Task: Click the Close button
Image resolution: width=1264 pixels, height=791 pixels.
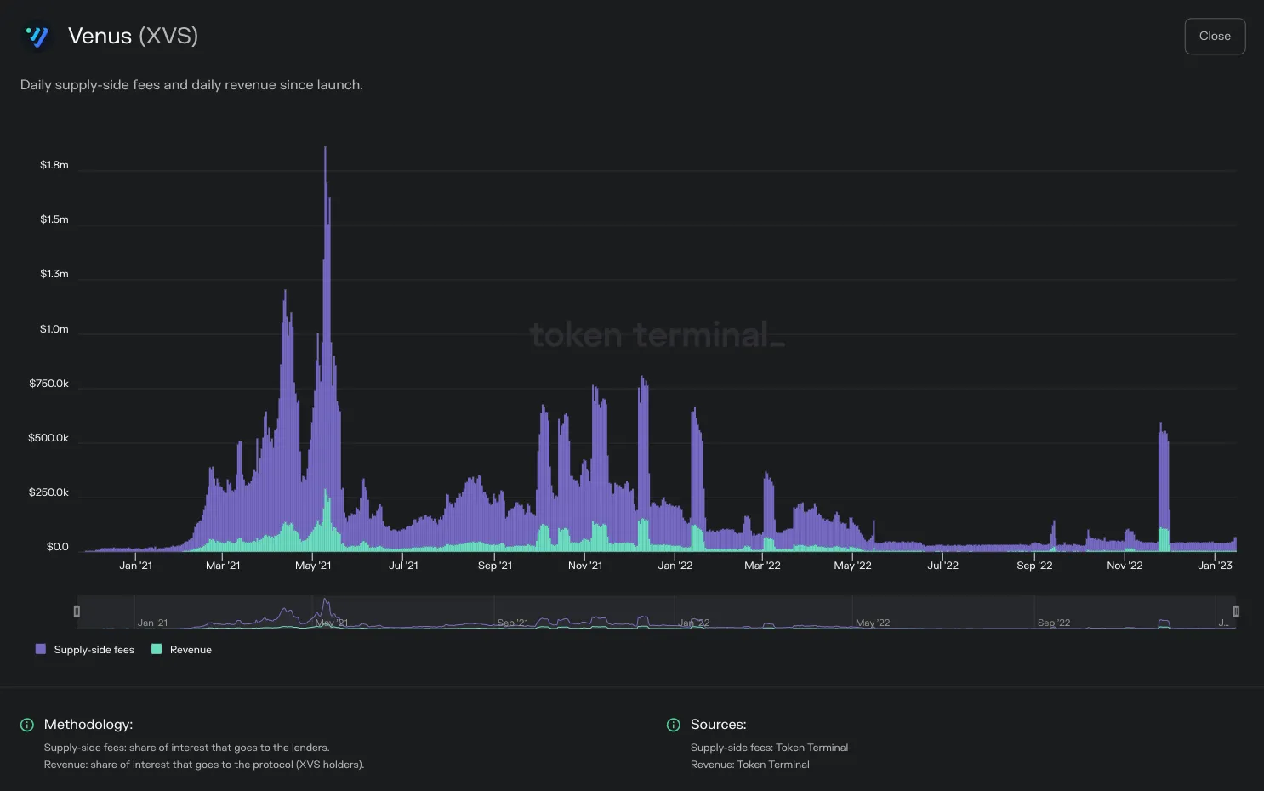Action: click(1215, 36)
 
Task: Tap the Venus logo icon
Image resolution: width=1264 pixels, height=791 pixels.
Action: click(37, 37)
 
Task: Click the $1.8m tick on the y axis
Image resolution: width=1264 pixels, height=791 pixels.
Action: click(54, 165)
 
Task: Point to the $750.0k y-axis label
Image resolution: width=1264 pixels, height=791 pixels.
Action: click(49, 384)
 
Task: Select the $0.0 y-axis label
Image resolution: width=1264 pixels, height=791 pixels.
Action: click(58, 547)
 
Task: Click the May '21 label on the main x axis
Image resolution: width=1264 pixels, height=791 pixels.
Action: click(313, 566)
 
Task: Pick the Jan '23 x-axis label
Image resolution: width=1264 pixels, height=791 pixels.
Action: click(1215, 566)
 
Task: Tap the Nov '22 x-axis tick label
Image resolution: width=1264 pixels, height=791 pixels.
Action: click(1125, 566)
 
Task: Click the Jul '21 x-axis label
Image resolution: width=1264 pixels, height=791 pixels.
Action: click(403, 566)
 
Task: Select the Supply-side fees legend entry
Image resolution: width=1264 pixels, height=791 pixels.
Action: click(85, 650)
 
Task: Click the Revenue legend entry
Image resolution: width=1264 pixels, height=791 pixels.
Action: click(182, 650)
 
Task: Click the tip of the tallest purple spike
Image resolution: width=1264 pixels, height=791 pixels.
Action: click(325, 147)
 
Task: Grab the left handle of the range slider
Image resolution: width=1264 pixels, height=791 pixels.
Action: click(77, 612)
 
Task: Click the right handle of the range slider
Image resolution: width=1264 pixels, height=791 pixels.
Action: click(1236, 612)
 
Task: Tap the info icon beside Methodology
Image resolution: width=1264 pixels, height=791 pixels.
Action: click(27, 725)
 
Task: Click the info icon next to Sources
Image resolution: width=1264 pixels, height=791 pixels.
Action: click(673, 725)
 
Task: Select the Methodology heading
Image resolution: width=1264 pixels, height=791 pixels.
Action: click(88, 725)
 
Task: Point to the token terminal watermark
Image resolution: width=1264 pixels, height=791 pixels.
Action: click(658, 334)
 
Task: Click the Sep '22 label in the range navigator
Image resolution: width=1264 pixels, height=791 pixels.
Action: click(1054, 623)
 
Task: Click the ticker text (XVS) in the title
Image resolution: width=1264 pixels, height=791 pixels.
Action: click(168, 36)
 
